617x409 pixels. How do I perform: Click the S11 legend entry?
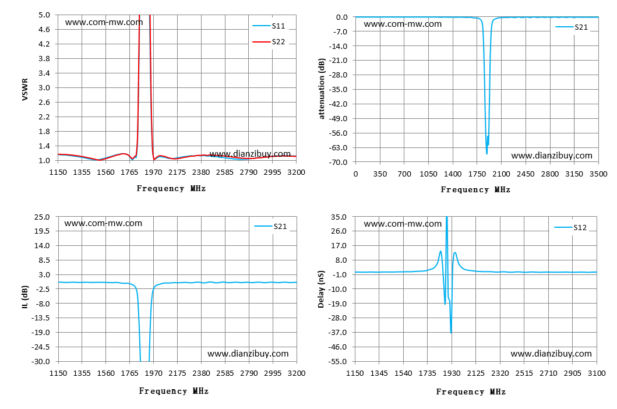[269, 26]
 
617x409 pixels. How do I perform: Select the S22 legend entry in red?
[269, 42]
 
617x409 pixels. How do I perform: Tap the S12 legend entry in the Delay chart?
[570, 228]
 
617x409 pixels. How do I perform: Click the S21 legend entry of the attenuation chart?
[572, 27]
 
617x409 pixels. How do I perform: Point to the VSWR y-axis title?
[25, 89]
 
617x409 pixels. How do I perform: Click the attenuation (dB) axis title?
[322, 89]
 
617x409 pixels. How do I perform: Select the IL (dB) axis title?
[25, 297]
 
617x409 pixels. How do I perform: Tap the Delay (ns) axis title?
[321, 289]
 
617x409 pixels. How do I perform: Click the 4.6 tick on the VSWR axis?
[44, 30]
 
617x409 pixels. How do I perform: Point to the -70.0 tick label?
[339, 162]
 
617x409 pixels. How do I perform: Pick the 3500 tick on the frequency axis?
[598, 174]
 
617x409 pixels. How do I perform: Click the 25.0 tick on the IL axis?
[42, 217]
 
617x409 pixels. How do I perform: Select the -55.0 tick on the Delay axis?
[339, 361]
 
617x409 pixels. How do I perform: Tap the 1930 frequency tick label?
[452, 373]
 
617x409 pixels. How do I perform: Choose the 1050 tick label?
[428, 174]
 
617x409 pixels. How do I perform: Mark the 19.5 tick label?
[42, 231]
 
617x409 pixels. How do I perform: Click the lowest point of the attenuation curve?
[486, 154]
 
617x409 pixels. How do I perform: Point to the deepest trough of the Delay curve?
[451, 333]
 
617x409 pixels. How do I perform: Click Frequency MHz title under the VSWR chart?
[171, 189]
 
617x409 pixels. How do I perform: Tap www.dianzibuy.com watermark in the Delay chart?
[551, 354]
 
